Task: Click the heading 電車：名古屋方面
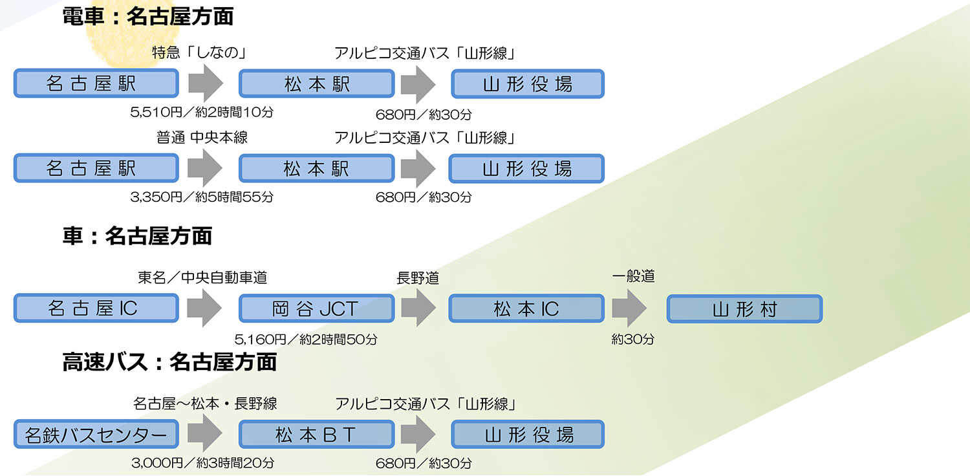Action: (147, 16)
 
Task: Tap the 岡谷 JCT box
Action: (317, 308)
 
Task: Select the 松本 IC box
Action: (526, 308)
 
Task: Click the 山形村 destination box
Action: (744, 308)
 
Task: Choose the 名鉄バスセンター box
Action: (96, 434)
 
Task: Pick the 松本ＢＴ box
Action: (317, 434)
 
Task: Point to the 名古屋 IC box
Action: (96, 308)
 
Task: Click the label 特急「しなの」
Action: (200, 52)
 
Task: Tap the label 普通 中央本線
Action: (202, 137)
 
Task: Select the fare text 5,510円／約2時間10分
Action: (202, 112)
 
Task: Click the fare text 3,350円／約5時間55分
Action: (202, 197)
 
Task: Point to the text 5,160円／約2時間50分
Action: (306, 339)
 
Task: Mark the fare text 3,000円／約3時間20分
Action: (202, 463)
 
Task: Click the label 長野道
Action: (418, 277)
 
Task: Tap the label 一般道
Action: (633, 276)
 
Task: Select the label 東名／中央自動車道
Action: (202, 277)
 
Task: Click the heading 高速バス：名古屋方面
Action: (169, 362)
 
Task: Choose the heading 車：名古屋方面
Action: (137, 236)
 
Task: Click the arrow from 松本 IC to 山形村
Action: (629, 308)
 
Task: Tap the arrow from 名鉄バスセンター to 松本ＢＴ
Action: (205, 433)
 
